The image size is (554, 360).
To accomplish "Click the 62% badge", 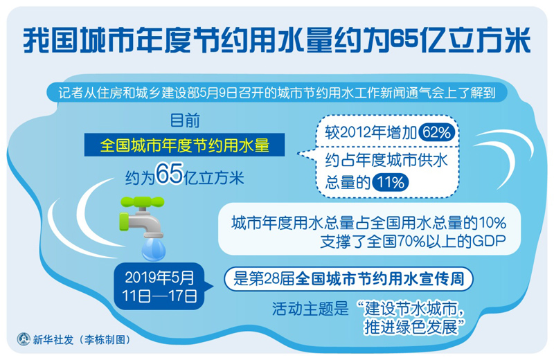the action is tap(437, 133).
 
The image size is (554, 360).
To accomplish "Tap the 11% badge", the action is tap(390, 183).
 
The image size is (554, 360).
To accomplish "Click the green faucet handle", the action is tap(143, 201).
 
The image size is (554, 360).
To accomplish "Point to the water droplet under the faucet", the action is tap(153, 249).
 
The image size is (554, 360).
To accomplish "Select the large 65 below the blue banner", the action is tap(170, 174).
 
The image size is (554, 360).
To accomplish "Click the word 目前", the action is tap(185, 120).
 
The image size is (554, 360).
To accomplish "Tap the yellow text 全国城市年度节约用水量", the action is tap(184, 145).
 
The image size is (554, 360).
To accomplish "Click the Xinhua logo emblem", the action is tap(24, 339).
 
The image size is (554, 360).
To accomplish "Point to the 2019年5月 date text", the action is tap(159, 278).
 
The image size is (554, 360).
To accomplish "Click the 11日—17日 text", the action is tap(159, 296).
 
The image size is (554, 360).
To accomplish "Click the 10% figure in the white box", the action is tap(492, 223).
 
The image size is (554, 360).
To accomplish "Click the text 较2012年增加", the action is tap(371, 133).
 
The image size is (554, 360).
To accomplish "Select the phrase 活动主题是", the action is tap(310, 309).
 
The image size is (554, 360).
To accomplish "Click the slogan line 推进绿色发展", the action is tap(411, 327).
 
